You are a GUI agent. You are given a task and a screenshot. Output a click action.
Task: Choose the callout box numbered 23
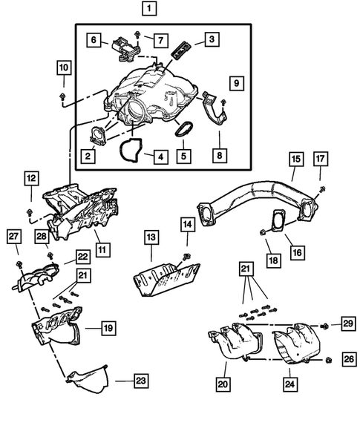140,381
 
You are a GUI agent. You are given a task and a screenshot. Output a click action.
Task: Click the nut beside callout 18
265,234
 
